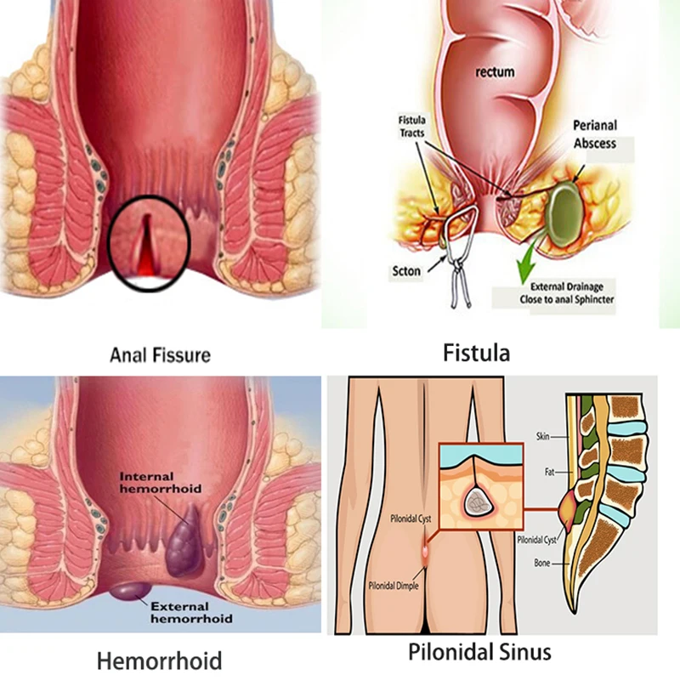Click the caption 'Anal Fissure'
pos(160,354)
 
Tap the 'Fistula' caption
pos(477,351)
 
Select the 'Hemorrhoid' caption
pos(159,660)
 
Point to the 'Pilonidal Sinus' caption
pos(479,653)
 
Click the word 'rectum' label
pos(494,72)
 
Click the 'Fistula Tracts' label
pos(412,127)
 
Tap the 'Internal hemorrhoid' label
pos(160,484)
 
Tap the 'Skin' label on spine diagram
pos(542,436)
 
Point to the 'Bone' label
pos(541,563)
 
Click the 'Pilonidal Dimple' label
pos(392,585)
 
